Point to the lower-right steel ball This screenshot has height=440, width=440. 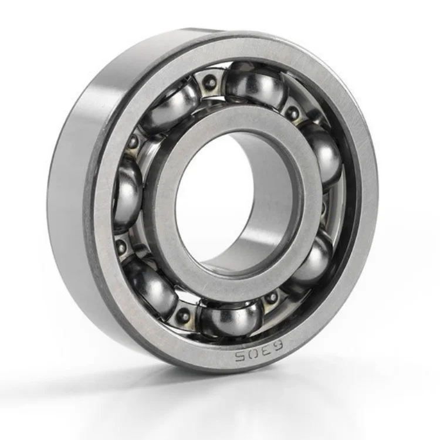point(314,262)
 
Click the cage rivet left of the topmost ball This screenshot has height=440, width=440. point(210,84)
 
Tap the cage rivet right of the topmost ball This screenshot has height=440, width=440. point(291,112)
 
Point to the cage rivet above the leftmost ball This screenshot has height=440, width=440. point(134,141)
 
